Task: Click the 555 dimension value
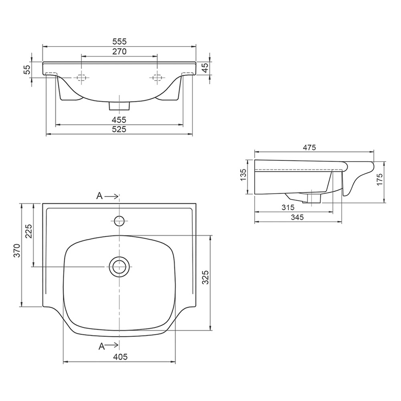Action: click(119, 41)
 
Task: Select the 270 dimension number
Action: click(119, 51)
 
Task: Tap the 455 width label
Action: click(119, 119)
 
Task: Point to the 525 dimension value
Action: click(119, 129)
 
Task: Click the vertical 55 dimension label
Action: click(27, 69)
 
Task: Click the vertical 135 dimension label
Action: click(243, 175)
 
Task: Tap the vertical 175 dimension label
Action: click(379, 179)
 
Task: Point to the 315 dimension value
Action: click(288, 207)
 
